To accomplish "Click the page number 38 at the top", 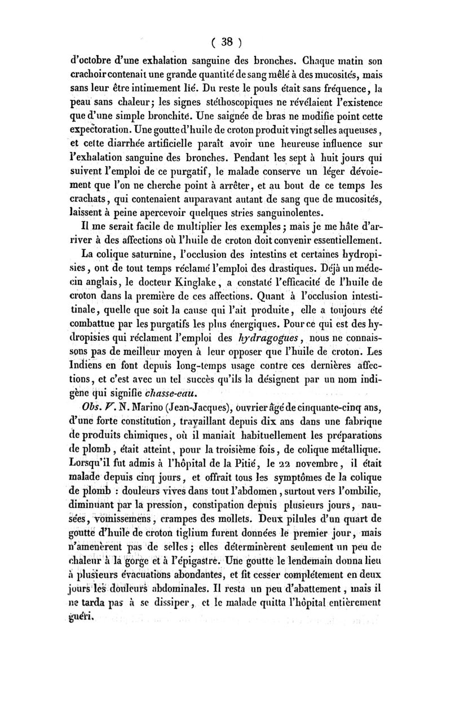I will [x=227, y=41].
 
